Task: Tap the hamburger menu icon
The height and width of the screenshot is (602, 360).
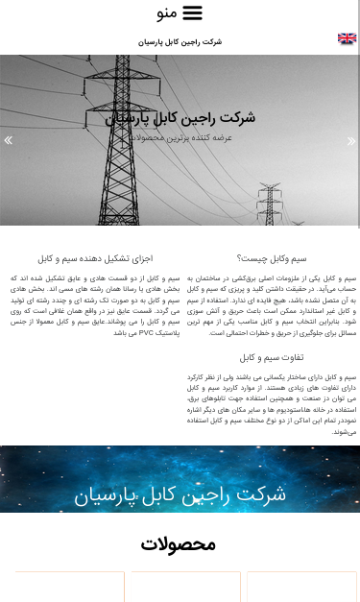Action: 193,12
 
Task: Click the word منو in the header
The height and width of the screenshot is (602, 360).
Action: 166,13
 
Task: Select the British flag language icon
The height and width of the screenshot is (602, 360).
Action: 347,39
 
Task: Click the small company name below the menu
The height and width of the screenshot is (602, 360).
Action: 180,42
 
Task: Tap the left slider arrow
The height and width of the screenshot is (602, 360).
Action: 9,140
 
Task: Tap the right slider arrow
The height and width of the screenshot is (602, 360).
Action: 351,140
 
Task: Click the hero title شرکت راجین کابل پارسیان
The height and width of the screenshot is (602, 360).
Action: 180,118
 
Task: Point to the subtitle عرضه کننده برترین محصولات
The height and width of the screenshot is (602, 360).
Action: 180,137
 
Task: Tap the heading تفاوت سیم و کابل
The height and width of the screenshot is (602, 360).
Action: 272,357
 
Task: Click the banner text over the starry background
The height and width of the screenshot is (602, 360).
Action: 180,494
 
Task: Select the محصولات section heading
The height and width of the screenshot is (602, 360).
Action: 180,544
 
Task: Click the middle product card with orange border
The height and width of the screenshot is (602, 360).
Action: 185,587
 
